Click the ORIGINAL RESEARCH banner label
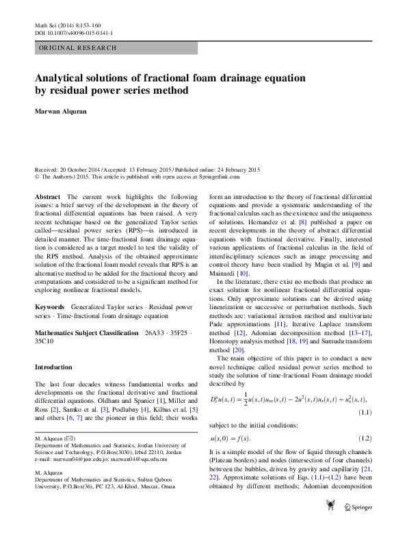click(78, 48)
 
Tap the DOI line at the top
click(74, 33)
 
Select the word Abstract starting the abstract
click(48, 197)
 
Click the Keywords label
click(51, 308)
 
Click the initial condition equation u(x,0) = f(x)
click(230, 438)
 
